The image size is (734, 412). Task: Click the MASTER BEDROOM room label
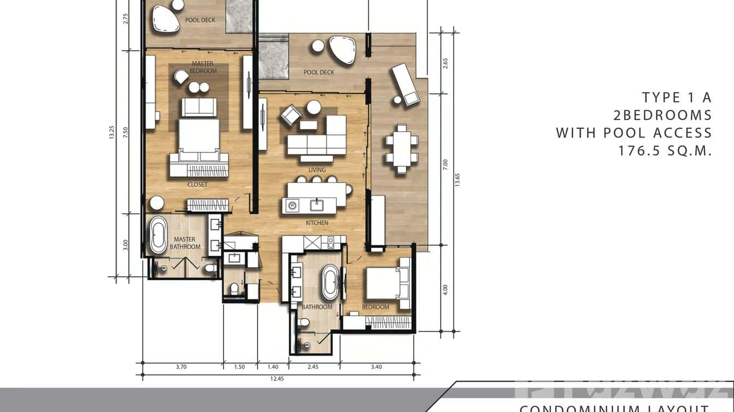pos(202,67)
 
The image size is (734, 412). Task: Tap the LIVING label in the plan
pos(317,170)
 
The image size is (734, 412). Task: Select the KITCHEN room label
pos(317,223)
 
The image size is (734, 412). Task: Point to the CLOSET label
pos(197,185)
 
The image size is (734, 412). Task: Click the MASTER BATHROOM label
pos(185,243)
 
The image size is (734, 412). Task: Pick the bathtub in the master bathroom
pos(159,234)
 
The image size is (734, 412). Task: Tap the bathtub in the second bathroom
pos(330,282)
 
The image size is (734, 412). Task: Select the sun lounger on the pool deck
pos(405,84)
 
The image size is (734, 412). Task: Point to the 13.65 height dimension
pos(457,180)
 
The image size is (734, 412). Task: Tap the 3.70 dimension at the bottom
pos(182,367)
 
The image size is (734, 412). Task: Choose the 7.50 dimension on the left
pos(125,132)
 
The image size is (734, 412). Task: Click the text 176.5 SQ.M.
pos(665,151)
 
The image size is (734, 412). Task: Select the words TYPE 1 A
pos(677,98)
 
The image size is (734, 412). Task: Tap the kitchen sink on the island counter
pos(316,205)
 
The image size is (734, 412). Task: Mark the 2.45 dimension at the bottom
pos(313,367)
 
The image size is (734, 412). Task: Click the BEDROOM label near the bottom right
pos(376,307)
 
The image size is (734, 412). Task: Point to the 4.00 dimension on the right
pos(445,289)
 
